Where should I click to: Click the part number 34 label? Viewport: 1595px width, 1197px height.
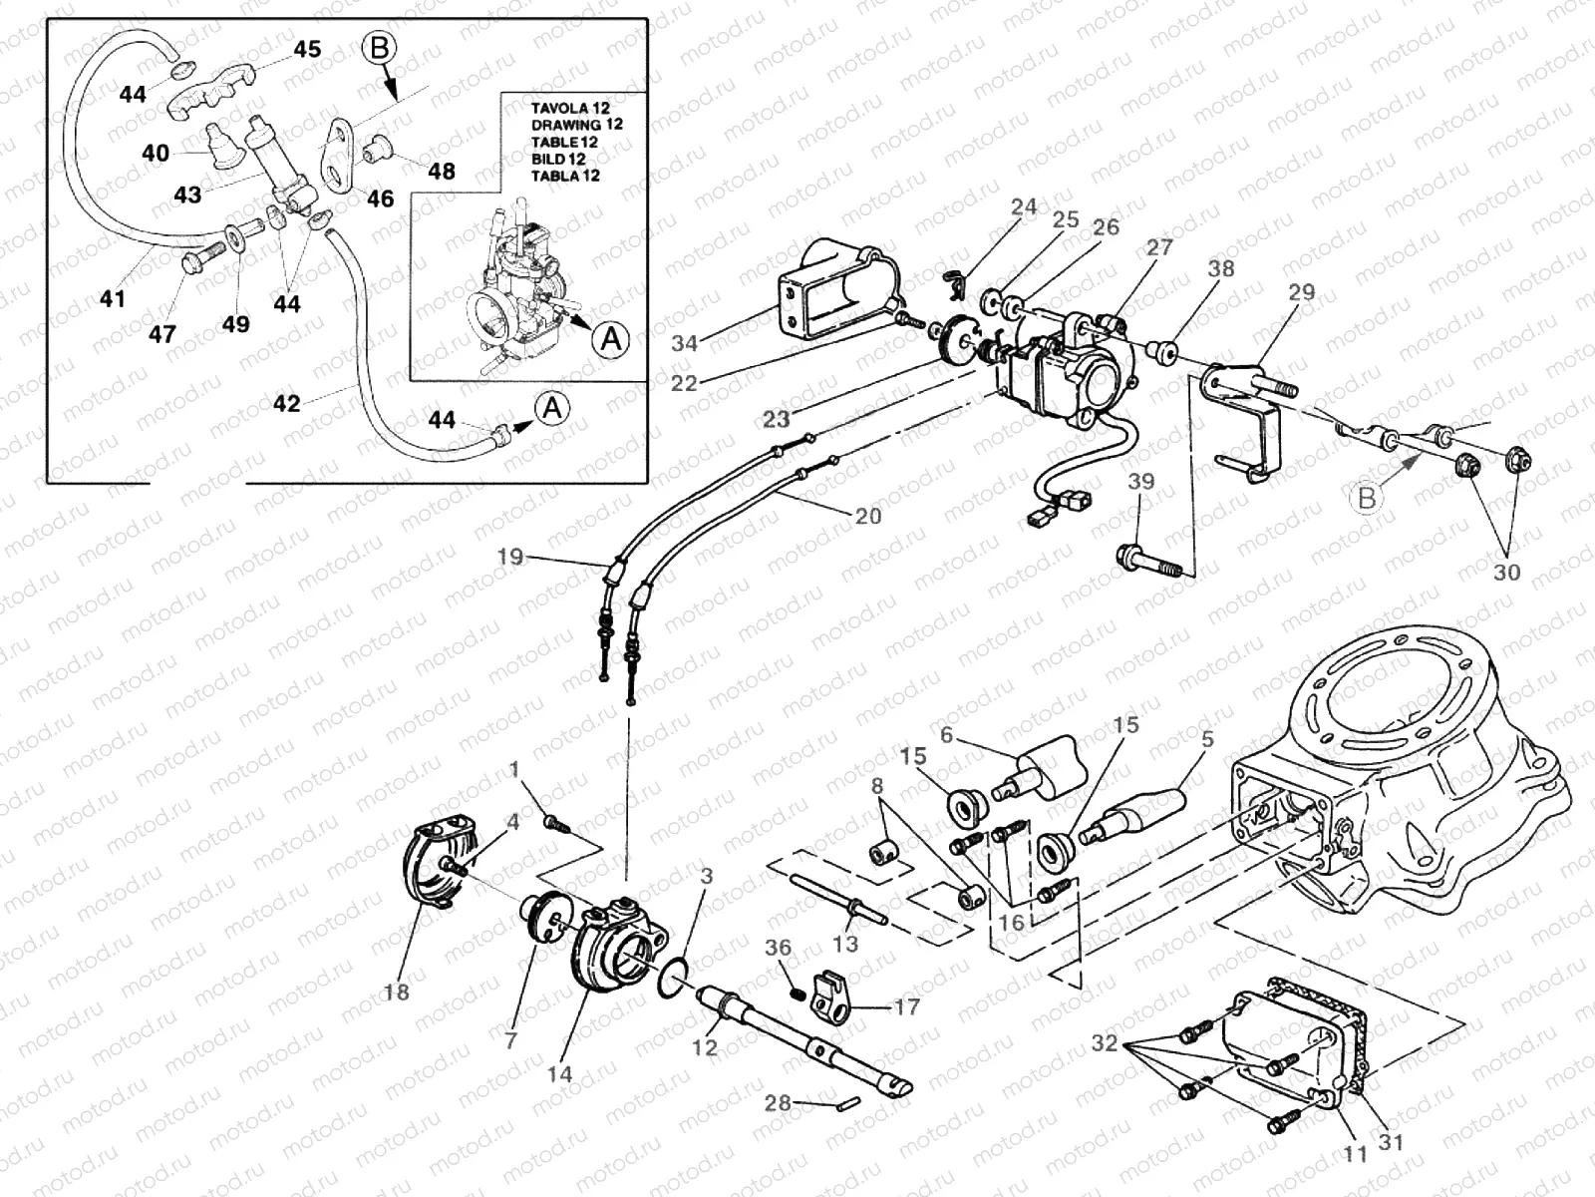point(684,343)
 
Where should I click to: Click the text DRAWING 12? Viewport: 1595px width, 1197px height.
point(576,125)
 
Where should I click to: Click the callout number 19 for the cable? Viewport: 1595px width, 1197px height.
point(509,557)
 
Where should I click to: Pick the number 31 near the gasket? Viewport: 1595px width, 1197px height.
point(1391,1141)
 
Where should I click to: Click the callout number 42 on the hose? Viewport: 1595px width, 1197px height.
point(286,404)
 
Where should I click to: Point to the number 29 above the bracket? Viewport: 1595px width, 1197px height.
point(1301,292)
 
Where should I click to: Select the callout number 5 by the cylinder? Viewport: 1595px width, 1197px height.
point(1207,739)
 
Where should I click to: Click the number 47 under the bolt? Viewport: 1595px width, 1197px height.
point(161,334)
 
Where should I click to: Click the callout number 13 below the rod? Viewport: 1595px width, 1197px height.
point(845,944)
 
